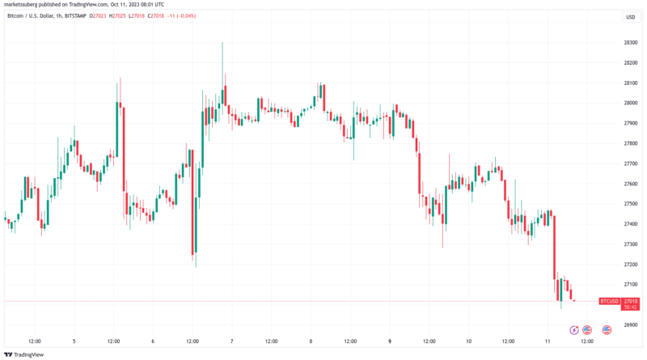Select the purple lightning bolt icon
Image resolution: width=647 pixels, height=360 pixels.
574,329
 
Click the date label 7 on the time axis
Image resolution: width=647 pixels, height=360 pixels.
231,341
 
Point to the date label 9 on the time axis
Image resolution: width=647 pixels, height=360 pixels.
390,341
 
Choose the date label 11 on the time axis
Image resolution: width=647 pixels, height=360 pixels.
548,341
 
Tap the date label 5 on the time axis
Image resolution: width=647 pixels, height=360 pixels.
74,341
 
